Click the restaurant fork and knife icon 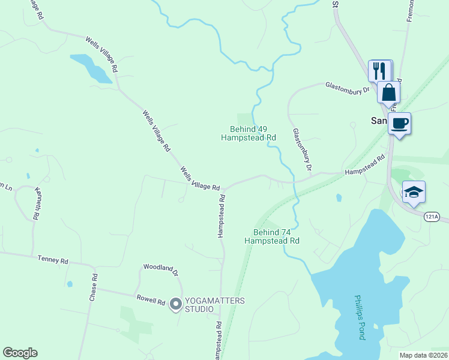pos(379,70)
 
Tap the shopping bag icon pos(389,93)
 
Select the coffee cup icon pos(399,124)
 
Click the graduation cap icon pos(414,192)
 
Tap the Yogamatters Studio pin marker pos(175,305)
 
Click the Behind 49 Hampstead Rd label pos(249,133)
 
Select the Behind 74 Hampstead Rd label pos(272,236)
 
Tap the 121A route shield pos(431,217)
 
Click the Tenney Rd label pos(53,260)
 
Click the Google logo pos(20,353)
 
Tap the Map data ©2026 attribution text pos(423,355)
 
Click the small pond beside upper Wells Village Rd pos(90,68)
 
